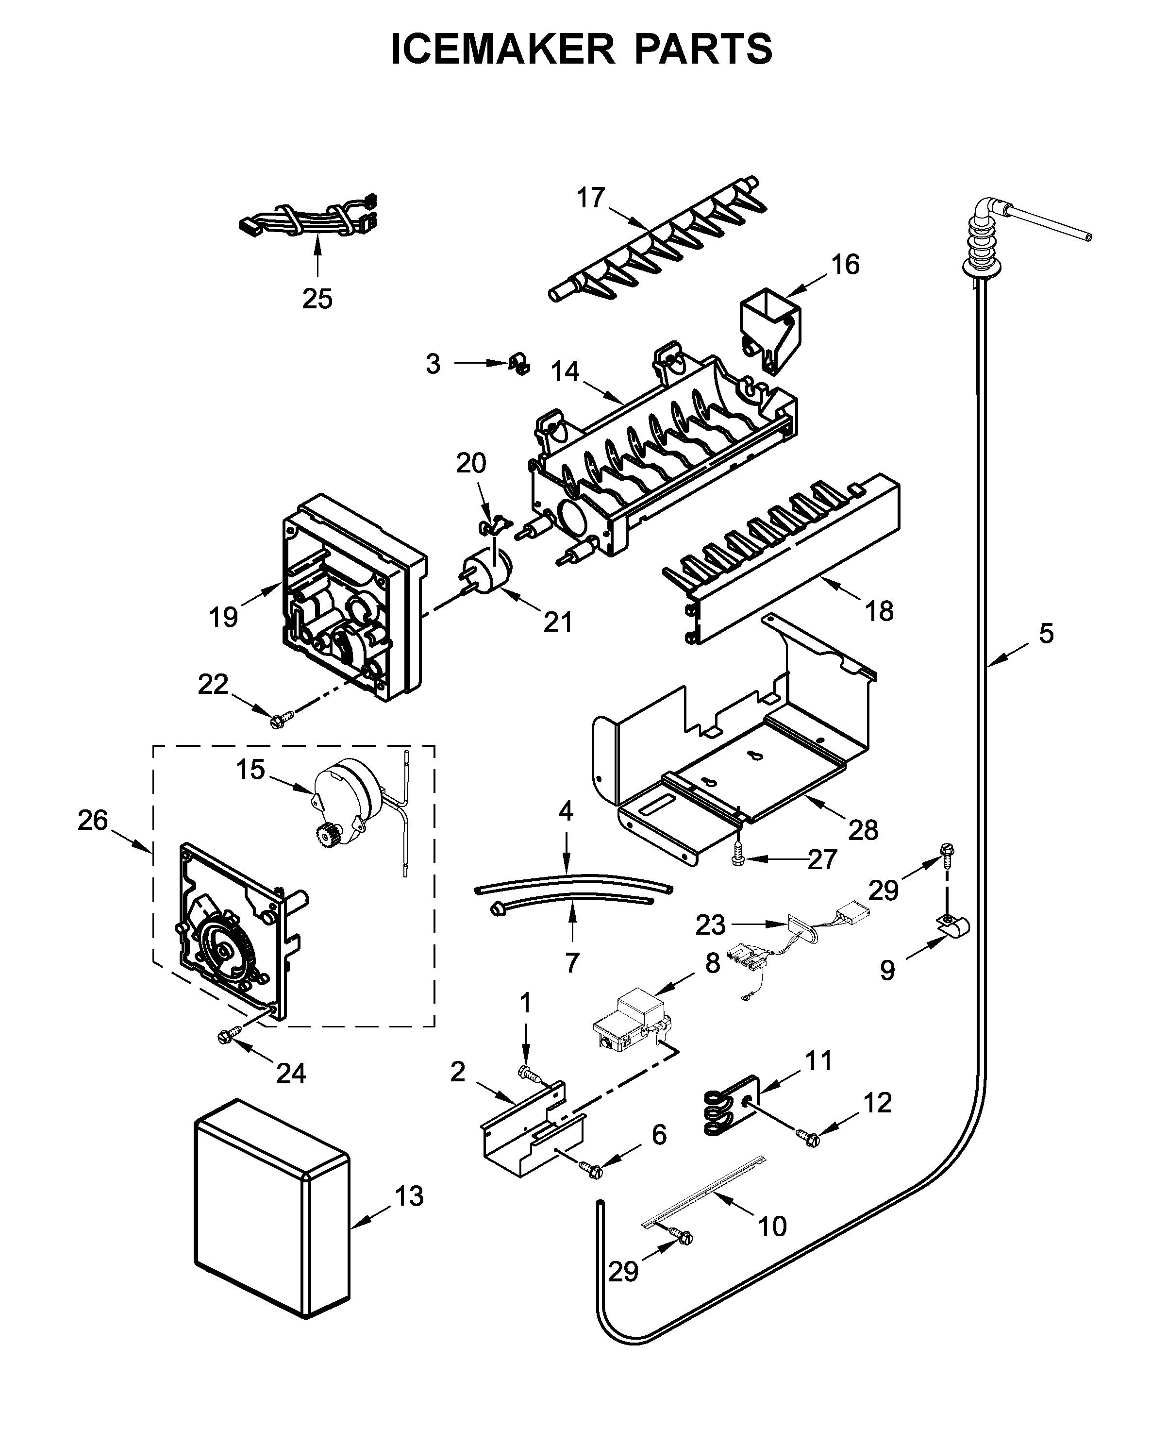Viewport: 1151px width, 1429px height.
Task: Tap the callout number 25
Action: click(317, 299)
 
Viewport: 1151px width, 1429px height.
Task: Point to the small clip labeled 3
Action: click(519, 364)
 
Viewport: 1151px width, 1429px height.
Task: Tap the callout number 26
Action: click(93, 820)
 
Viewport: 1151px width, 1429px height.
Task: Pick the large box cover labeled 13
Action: click(272, 1208)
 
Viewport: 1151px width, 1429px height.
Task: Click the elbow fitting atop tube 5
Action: click(986, 214)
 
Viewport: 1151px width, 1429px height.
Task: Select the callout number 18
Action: click(879, 611)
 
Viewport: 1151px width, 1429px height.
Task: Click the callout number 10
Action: click(772, 1227)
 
